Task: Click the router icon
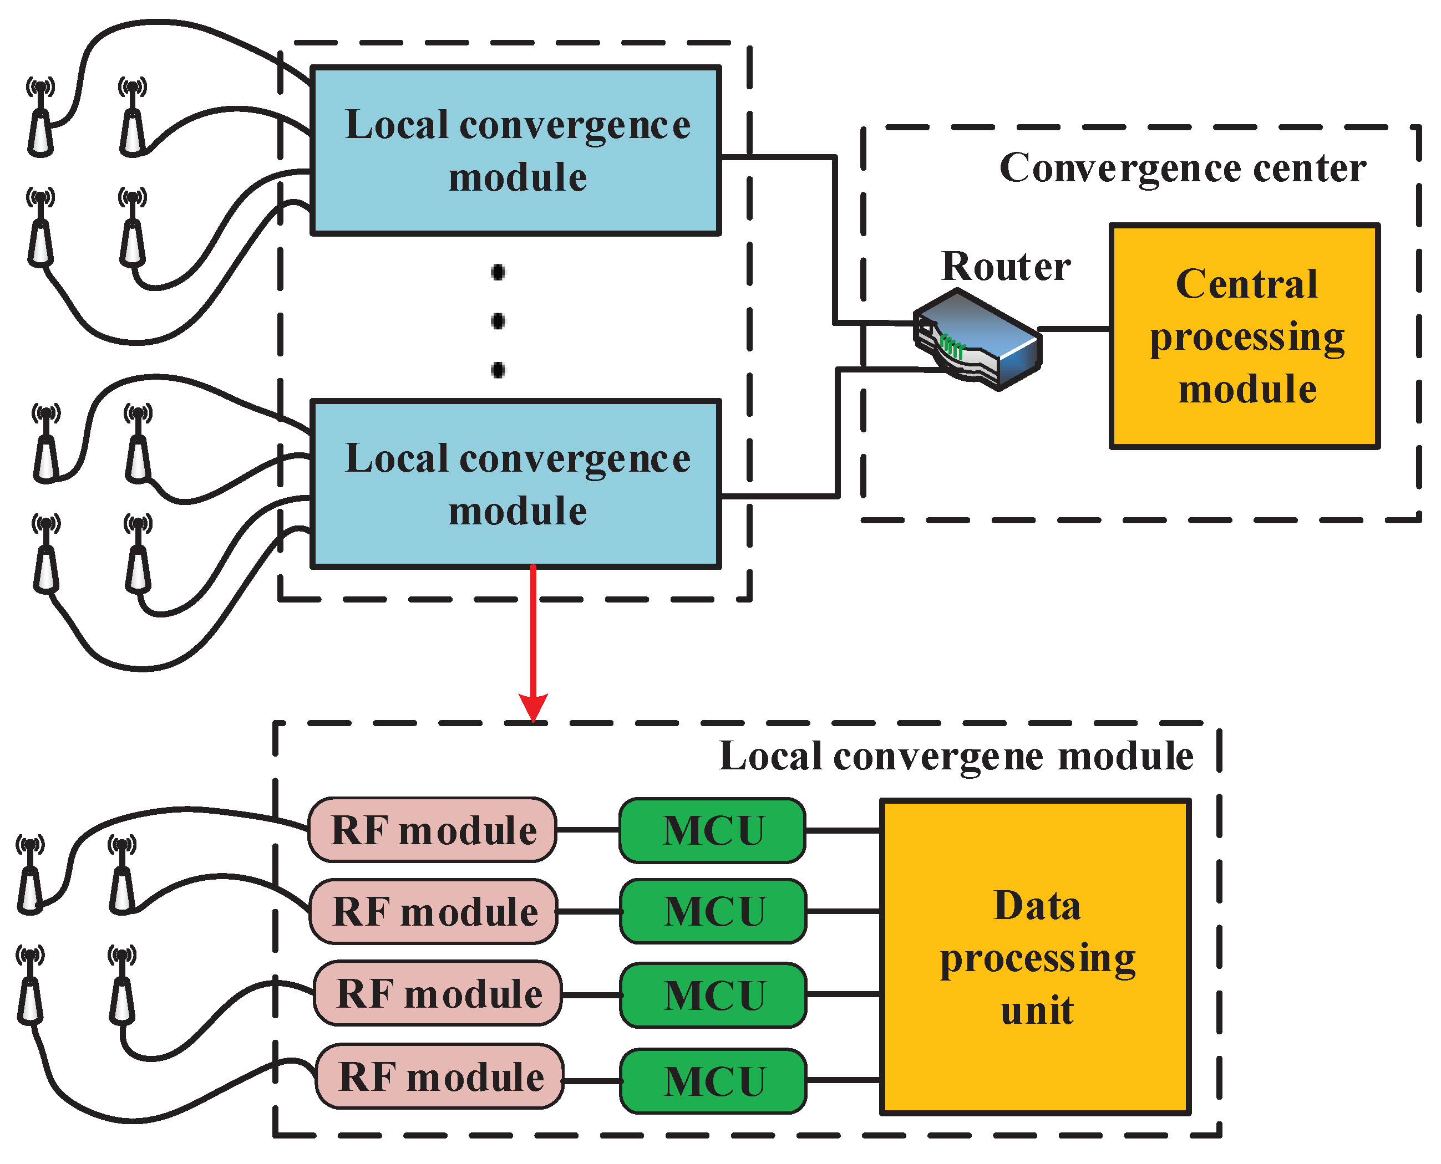coord(977,339)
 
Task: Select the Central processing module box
coord(1245,336)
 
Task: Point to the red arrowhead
coord(534,707)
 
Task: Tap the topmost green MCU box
coord(712,830)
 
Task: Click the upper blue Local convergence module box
coord(516,150)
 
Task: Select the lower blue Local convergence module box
coord(516,484)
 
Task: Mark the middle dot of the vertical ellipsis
coord(498,321)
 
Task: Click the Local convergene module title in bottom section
coord(956,757)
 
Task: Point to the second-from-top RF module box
coord(434,911)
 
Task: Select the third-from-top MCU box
coord(714,995)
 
